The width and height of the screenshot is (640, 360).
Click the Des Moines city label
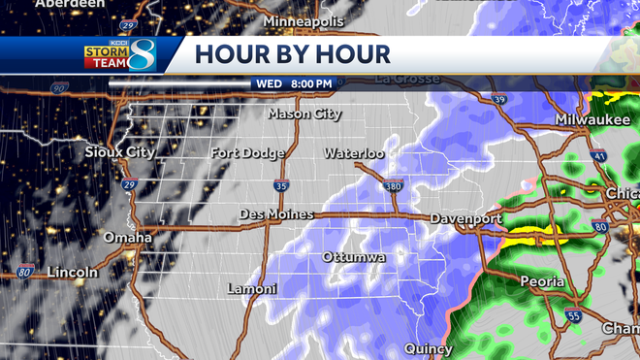pyautogui.click(x=273, y=214)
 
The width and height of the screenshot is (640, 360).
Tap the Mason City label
pyautogui.click(x=304, y=114)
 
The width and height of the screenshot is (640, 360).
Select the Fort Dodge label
pyautogui.click(x=248, y=153)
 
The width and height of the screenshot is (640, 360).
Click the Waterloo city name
pyautogui.click(x=354, y=153)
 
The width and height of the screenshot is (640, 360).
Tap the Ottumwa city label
pyautogui.click(x=354, y=257)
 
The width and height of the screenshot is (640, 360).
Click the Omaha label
pyautogui.click(x=128, y=238)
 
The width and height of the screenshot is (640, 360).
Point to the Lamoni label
pyautogui.click(x=252, y=289)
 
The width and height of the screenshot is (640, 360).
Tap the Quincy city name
pyautogui.click(x=429, y=348)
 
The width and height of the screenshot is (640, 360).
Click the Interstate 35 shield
pyautogui.click(x=280, y=185)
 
